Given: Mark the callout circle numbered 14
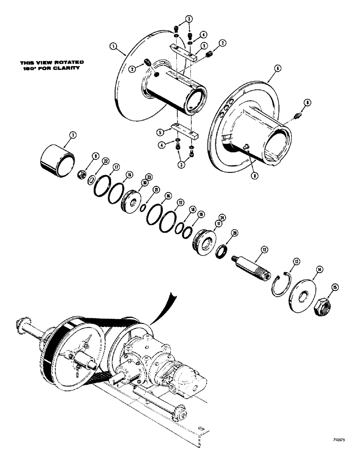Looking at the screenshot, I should click(319, 269).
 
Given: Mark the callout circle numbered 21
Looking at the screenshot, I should click(143, 189).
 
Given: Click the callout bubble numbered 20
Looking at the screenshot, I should click(235, 233).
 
